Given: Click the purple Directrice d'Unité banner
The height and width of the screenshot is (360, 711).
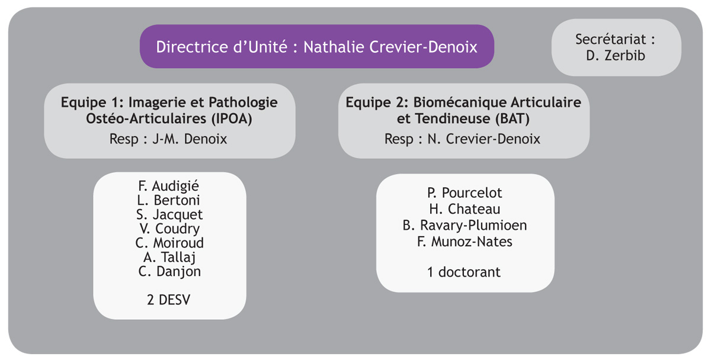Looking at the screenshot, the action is (317, 46).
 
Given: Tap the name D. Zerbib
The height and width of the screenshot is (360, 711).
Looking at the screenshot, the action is (616, 56).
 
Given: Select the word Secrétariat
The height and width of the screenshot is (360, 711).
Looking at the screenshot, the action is (610, 39).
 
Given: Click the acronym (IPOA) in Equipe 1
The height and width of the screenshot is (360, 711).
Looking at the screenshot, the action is (232, 118).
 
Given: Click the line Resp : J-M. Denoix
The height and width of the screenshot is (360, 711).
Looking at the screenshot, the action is (168, 139).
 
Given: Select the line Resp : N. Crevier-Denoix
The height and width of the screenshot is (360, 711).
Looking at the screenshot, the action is (462, 139).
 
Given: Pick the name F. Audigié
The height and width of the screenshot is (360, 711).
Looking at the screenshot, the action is (168, 186).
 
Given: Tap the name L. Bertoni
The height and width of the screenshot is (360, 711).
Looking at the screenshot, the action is (168, 200).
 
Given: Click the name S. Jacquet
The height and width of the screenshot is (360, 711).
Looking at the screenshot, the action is (169, 215).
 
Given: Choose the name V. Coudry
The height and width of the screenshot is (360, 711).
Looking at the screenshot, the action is (169, 229).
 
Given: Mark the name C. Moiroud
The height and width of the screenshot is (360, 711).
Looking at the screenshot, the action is (169, 243).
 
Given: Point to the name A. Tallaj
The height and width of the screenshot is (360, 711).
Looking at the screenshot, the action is (169, 257).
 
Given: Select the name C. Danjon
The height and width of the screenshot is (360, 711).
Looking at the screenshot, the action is (169, 272).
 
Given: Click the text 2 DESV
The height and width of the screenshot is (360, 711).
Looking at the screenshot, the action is (168, 300).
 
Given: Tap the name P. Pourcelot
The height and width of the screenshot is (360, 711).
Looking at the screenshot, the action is (465, 193).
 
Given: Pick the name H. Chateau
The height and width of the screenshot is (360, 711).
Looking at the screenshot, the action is (465, 209).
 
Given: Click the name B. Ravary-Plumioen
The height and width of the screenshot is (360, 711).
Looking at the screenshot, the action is (465, 226).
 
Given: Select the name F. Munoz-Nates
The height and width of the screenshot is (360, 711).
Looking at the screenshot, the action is (465, 242).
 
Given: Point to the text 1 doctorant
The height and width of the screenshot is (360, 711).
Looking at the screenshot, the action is (464, 272).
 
